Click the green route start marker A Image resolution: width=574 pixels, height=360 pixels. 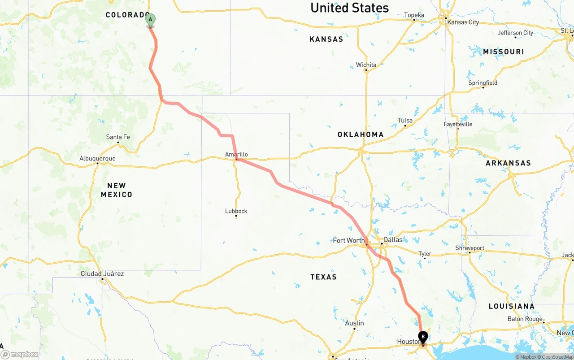click(150, 20)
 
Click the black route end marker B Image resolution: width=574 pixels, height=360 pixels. click(422, 337)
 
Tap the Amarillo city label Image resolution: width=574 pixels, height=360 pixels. click(236, 155)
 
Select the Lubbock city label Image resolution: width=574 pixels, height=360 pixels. click(236, 211)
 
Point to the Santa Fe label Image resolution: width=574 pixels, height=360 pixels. click(118, 137)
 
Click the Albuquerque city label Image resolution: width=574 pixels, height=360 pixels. click(97, 158)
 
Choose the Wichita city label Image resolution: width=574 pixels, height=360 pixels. click(366, 65)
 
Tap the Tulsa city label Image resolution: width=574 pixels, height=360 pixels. click(404, 120)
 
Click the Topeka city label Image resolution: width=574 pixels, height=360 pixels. click(414, 15)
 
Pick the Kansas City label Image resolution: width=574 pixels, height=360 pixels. click(463, 22)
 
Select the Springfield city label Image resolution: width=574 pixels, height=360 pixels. click(483, 83)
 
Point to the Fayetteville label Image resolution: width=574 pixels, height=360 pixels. click(458, 124)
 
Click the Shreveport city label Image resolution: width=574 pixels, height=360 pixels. click(470, 248)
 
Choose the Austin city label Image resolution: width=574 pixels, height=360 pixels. click(354, 323)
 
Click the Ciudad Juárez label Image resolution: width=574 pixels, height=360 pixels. click(102, 273)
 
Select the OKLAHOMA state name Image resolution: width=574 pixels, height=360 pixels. click(361, 134)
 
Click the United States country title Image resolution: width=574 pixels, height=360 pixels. click(349, 8)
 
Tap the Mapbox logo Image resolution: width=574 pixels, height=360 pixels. click(21, 355)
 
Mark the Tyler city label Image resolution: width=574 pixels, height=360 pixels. click(425, 254)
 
